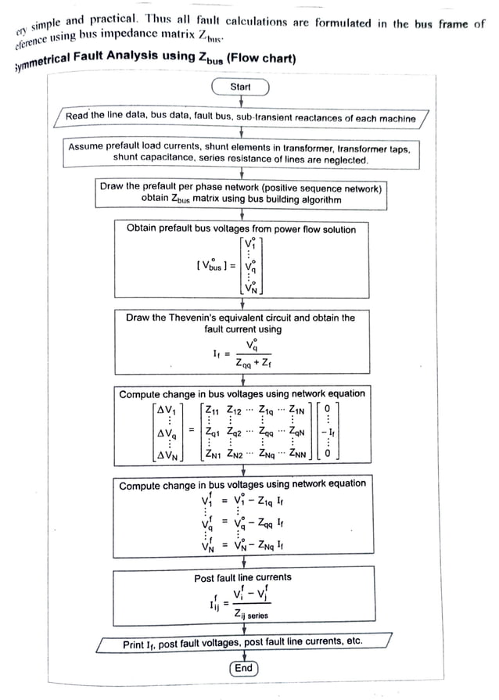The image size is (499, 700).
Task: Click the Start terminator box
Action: (x=240, y=87)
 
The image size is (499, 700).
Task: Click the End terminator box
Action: (x=243, y=668)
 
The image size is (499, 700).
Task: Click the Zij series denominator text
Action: (x=250, y=616)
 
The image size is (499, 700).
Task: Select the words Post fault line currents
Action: (x=242, y=577)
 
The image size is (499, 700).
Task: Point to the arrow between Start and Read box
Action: (x=240, y=102)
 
